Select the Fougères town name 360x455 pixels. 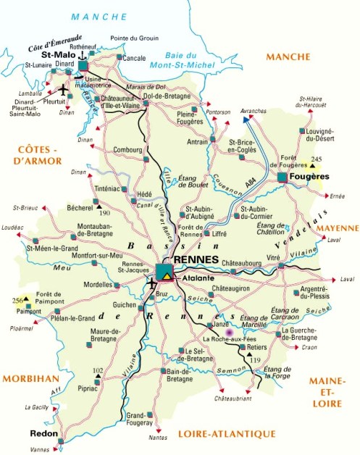point(312,176)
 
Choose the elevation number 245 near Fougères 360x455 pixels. point(315,158)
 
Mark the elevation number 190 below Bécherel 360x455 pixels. point(104,213)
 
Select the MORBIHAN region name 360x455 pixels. point(29,378)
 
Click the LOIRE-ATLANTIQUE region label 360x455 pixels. point(226,433)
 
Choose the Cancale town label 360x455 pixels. point(135,57)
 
